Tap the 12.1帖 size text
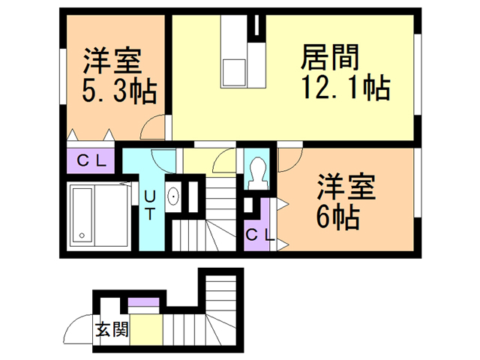tap(345, 89)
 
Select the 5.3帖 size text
tap(118, 91)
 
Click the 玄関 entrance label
tap(112, 329)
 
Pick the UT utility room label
tap(151, 205)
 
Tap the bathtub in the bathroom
tap(82, 214)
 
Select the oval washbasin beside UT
tap(174, 197)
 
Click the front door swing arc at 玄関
tap(77, 328)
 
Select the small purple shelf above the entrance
tap(142, 304)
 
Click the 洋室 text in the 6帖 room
tap(344, 186)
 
